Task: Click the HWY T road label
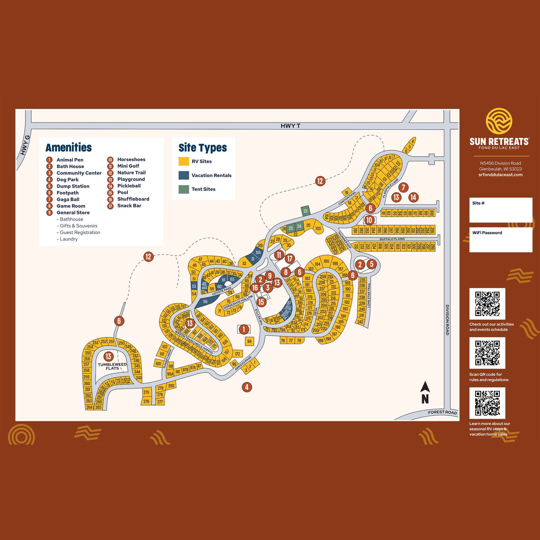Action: click(x=290, y=126)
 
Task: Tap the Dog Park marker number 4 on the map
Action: click(x=247, y=387)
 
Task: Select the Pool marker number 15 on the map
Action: click(x=261, y=302)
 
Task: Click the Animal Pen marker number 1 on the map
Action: click(x=244, y=329)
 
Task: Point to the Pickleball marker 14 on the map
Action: click(x=413, y=197)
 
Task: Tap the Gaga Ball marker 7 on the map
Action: click(x=403, y=187)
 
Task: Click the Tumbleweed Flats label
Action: click(x=112, y=366)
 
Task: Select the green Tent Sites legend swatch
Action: click(x=184, y=189)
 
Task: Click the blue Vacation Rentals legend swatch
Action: click(x=184, y=175)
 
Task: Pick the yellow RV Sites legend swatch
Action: click(x=184, y=161)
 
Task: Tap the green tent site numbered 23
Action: click(x=305, y=211)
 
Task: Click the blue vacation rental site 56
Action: click(x=205, y=302)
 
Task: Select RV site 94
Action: click(x=249, y=341)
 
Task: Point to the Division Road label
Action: click(x=447, y=320)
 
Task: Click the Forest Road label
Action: click(x=442, y=412)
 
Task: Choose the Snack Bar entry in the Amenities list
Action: click(x=129, y=206)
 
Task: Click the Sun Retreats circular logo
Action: click(x=499, y=121)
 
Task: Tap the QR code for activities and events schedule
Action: click(x=487, y=303)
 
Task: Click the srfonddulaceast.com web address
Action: click(x=500, y=175)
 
